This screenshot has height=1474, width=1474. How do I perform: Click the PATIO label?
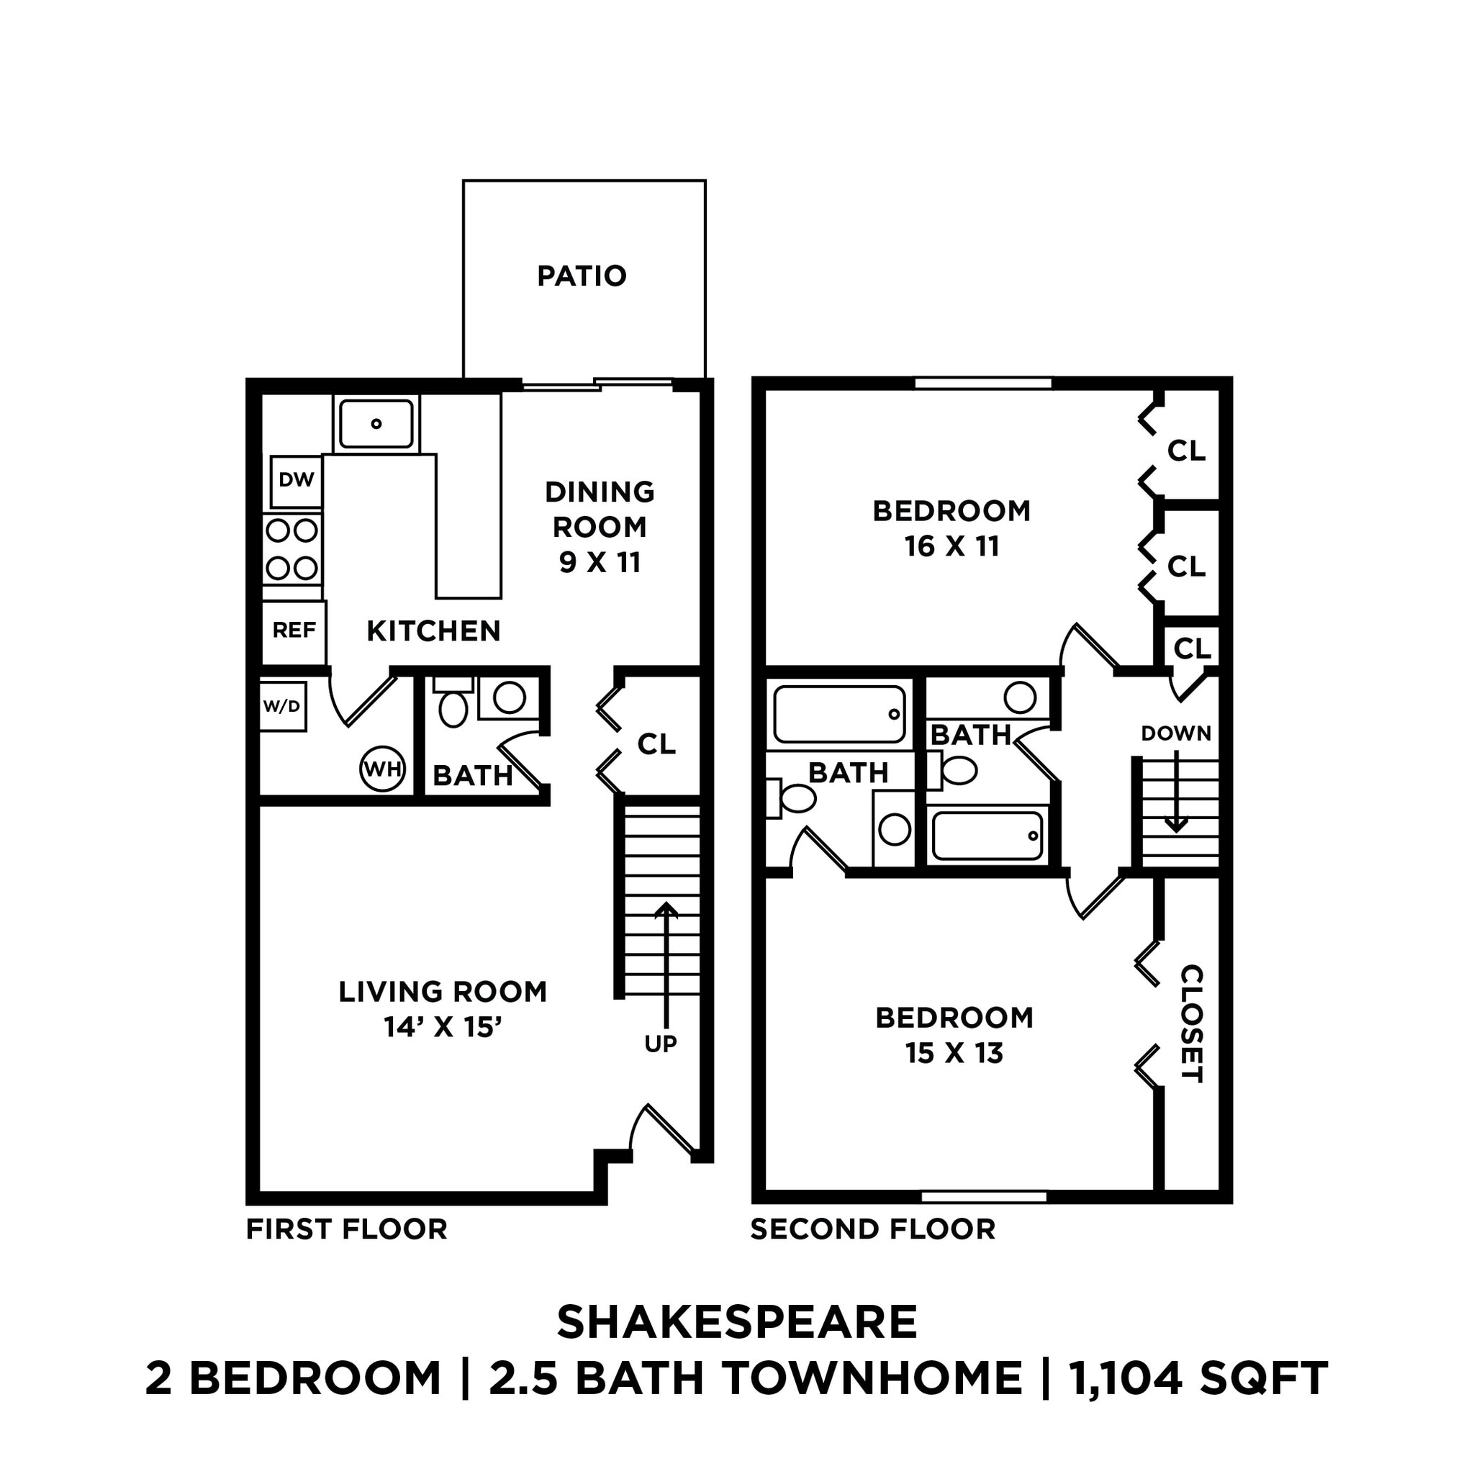pyautogui.click(x=582, y=276)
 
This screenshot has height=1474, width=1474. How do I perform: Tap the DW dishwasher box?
pyautogui.click(x=296, y=480)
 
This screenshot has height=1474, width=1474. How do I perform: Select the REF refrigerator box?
pyautogui.click(x=294, y=630)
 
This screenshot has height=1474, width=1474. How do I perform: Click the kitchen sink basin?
pyautogui.click(x=376, y=423)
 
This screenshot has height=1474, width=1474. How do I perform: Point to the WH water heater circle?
pyautogui.click(x=382, y=768)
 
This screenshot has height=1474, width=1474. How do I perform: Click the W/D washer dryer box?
pyautogui.click(x=281, y=707)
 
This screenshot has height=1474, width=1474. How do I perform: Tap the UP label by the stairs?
pyautogui.click(x=660, y=1044)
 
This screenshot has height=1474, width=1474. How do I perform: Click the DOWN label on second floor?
pyautogui.click(x=1176, y=733)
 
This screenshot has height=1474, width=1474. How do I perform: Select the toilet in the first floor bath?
pyautogui.click(x=453, y=708)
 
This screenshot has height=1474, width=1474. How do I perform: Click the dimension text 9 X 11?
pyautogui.click(x=600, y=562)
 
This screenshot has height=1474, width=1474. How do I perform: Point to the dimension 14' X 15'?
pyautogui.click(x=443, y=1027)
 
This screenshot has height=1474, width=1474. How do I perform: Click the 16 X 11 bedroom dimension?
pyautogui.click(x=951, y=546)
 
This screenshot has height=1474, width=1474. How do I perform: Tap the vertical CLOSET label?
pyautogui.click(x=1191, y=1024)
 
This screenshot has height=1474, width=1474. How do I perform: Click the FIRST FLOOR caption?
pyautogui.click(x=346, y=1229)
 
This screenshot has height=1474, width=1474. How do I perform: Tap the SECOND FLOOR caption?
pyautogui.click(x=873, y=1229)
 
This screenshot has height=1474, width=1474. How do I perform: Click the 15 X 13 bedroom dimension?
pyautogui.click(x=954, y=1054)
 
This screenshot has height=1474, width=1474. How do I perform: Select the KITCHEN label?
pyautogui.click(x=433, y=631)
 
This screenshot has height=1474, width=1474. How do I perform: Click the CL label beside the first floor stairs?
pyautogui.click(x=656, y=743)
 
